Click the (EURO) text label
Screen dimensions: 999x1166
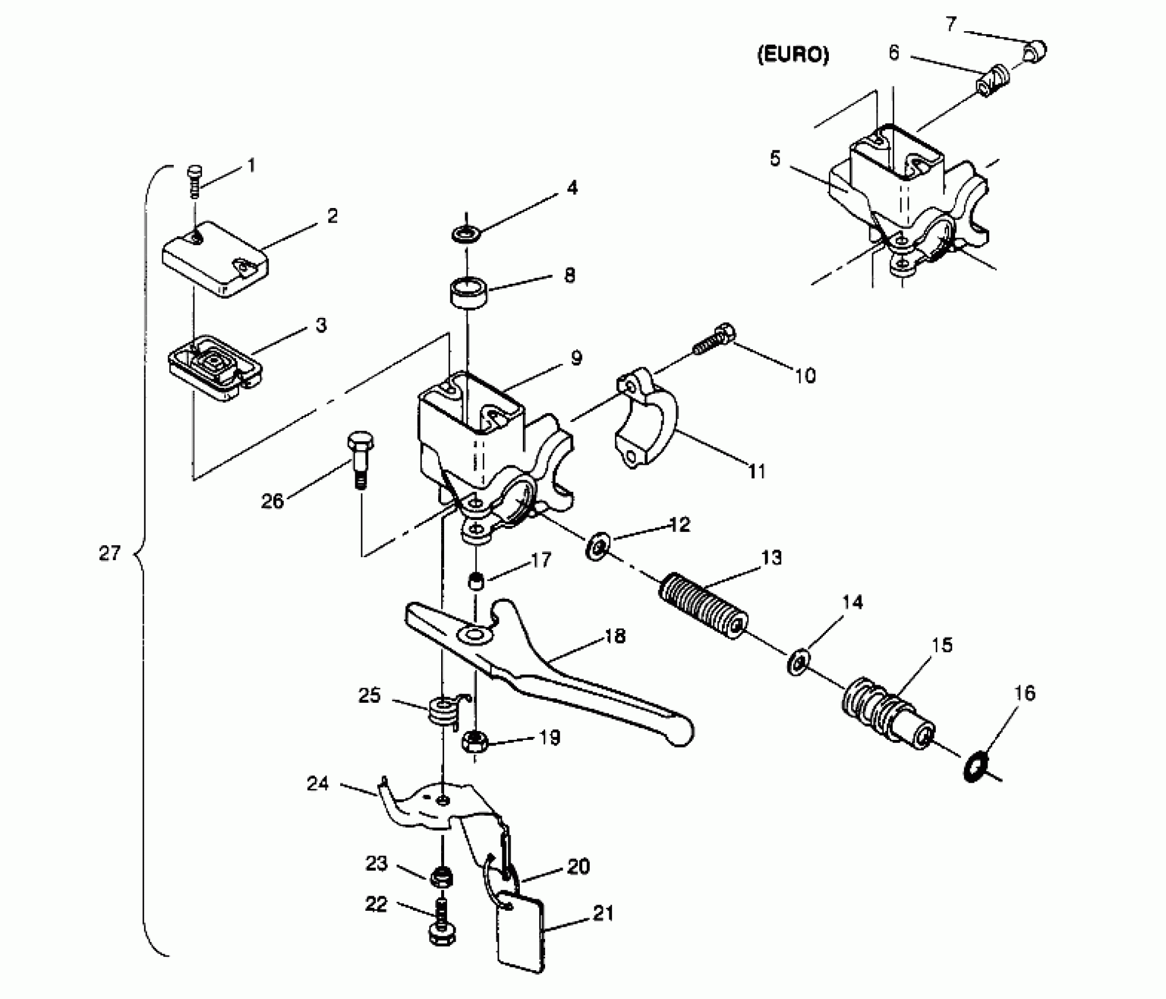[793, 55]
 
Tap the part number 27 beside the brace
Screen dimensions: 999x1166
[110, 553]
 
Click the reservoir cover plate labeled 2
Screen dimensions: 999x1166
[215, 259]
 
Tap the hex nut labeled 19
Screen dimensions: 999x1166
[473, 742]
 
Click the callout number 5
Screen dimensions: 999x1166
[775, 159]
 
